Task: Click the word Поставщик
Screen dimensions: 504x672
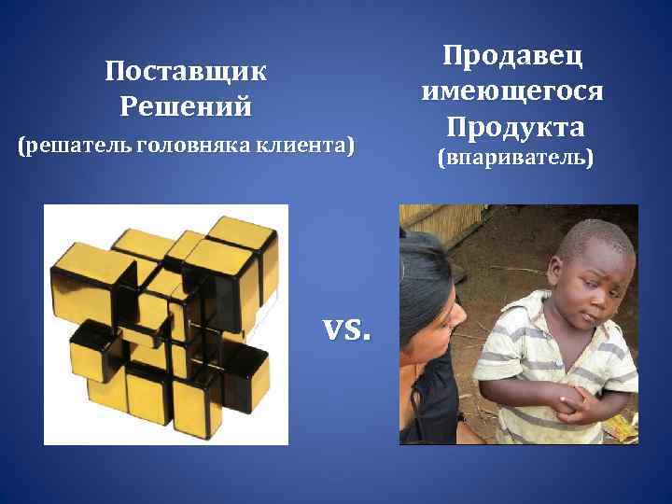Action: click(186, 72)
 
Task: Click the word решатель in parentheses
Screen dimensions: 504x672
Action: click(77, 147)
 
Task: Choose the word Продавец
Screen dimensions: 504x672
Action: click(512, 56)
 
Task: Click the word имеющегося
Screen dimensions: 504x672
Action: click(512, 91)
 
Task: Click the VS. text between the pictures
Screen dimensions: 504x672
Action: click(345, 329)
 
